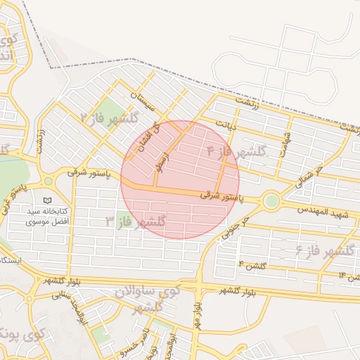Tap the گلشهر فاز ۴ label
[236, 151]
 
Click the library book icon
[47, 200]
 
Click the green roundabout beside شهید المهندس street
[271, 202]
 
